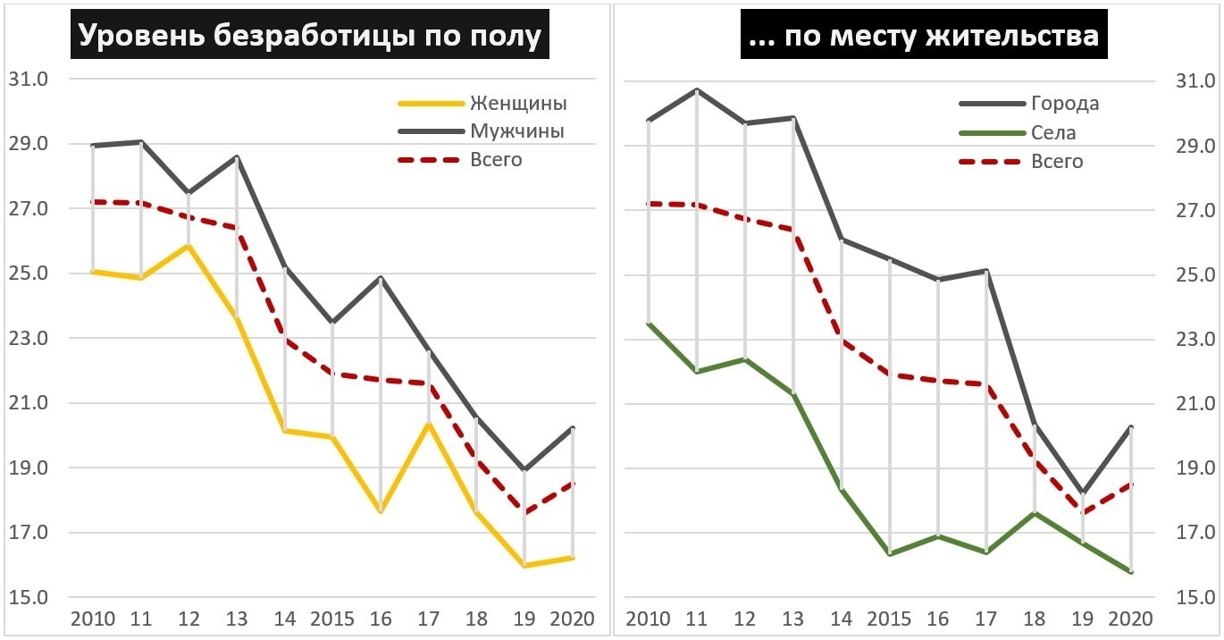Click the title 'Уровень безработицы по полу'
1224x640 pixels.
click(310, 37)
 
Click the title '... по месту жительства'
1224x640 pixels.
click(924, 37)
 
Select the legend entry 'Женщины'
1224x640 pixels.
click(518, 103)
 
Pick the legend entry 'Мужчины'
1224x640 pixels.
click(516, 131)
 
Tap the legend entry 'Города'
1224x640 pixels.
click(1065, 104)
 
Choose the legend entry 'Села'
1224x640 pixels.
click(1053, 133)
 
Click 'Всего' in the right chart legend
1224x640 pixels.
click(1057, 162)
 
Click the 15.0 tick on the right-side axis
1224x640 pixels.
click(1195, 598)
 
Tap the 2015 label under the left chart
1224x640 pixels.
click(332, 619)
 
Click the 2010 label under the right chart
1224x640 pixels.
click(650, 619)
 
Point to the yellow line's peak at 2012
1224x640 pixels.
click(189, 246)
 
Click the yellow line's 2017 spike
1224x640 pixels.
click(429, 424)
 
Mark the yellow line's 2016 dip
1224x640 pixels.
click(381, 511)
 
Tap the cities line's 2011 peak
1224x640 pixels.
click(697, 89)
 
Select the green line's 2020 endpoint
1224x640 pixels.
click(1131, 572)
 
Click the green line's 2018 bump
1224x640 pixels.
click(1035, 513)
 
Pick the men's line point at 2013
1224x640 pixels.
click(237, 157)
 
